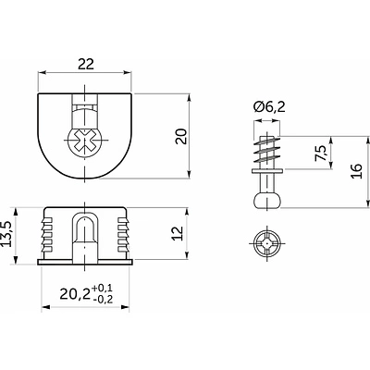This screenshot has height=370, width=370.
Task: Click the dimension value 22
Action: [x=85, y=64]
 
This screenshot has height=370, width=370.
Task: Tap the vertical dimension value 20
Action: [x=181, y=136]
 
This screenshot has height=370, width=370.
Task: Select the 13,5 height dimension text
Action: [x=6, y=234]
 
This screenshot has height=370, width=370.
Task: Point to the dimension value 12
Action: [x=179, y=233]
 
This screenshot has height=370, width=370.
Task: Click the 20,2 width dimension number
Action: [x=75, y=294]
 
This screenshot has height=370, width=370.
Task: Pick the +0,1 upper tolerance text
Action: [x=102, y=289]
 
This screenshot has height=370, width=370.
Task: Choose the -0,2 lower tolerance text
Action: [x=102, y=299]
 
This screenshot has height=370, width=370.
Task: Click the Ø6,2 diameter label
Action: [x=269, y=107]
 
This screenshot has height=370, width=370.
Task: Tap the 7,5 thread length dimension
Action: [x=321, y=153]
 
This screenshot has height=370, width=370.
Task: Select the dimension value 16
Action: [x=356, y=171]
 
